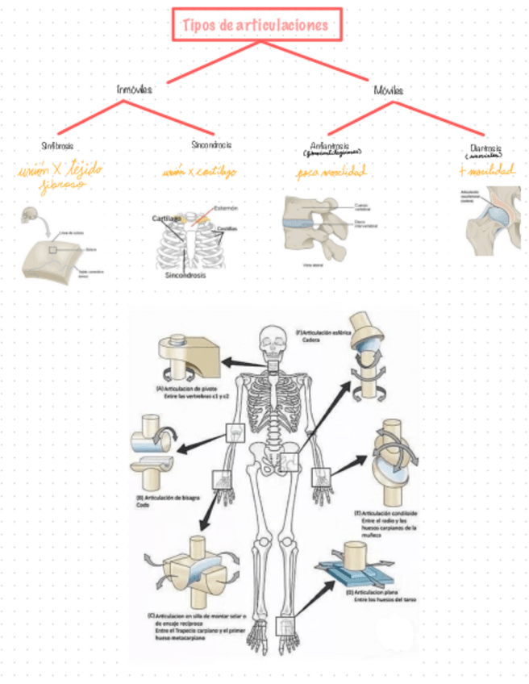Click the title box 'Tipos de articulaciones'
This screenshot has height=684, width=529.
(256, 25)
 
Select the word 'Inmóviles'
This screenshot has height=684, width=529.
(134, 89)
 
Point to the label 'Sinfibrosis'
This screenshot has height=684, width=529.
(58, 147)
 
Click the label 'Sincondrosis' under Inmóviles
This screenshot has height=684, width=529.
(211, 146)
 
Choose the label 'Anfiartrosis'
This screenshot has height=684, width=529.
(331, 146)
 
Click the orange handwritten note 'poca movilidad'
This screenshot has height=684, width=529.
(331, 172)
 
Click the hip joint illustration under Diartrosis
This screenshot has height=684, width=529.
(493, 223)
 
